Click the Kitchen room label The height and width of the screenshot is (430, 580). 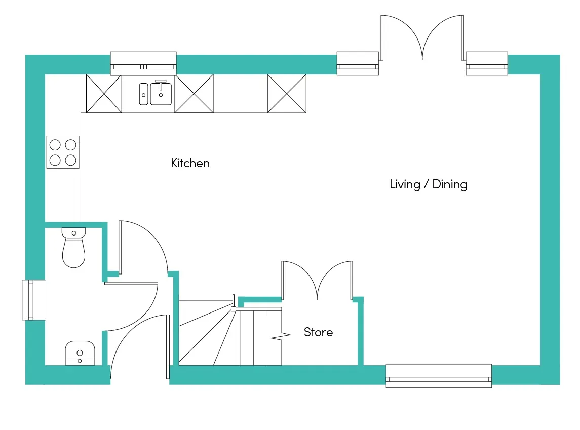coord(190,163)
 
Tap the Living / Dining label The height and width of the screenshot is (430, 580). coord(428,184)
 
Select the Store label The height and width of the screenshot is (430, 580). coord(318,332)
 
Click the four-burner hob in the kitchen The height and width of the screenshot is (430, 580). coord(63,152)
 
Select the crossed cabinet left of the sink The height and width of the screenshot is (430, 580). coord(104,94)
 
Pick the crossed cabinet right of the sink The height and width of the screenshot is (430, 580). coord(194,94)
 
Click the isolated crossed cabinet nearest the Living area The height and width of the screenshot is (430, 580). coord(287,94)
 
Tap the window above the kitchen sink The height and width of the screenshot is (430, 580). coord(143,63)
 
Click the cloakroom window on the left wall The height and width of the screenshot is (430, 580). coord(34,300)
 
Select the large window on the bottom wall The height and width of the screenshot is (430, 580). coord(439,376)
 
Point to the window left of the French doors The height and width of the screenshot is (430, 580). coord(358,63)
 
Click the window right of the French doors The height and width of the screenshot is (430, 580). coord(486,63)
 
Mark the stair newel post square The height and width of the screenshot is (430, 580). coord(234,308)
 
